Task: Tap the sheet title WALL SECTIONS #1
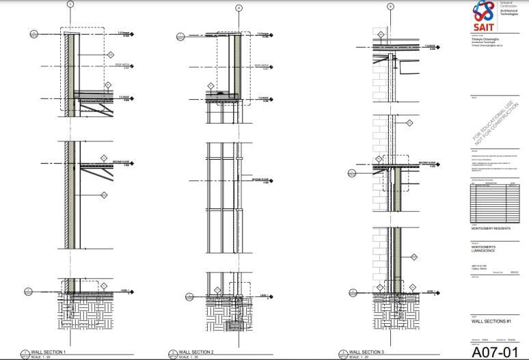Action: [x=490, y=320]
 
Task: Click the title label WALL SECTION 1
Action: [x=46, y=352]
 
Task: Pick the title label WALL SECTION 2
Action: [x=196, y=352]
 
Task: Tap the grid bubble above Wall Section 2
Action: [x=239, y=8]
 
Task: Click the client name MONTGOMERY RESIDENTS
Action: [x=491, y=229]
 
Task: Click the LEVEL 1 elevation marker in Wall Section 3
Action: [x=432, y=292]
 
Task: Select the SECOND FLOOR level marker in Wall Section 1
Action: [x=122, y=163]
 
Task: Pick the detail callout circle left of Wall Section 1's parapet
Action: [x=33, y=33]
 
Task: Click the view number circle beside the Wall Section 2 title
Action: [x=172, y=353]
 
